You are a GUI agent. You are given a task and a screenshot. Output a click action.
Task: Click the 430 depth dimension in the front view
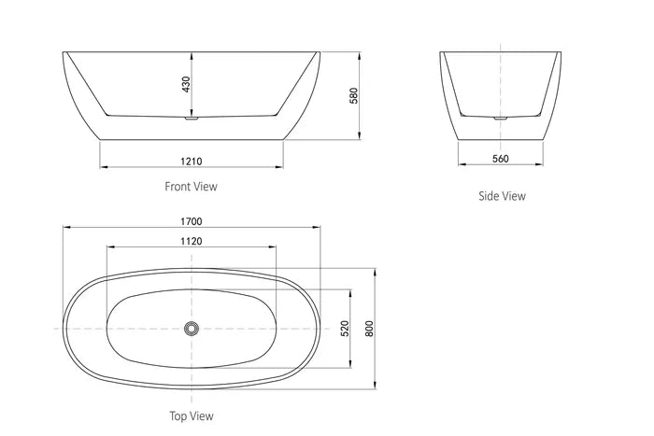(x=186, y=84)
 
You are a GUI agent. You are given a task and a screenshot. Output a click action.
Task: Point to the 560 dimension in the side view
(x=500, y=158)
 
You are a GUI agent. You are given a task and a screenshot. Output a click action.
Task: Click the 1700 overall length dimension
(x=192, y=220)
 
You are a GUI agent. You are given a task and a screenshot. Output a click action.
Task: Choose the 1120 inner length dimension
(x=192, y=240)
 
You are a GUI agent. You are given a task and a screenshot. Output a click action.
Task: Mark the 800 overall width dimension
(x=369, y=329)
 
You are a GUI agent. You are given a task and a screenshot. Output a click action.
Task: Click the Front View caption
(x=191, y=187)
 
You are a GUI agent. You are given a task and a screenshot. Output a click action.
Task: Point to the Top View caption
(x=191, y=416)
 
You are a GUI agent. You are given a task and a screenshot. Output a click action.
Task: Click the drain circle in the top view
(x=192, y=329)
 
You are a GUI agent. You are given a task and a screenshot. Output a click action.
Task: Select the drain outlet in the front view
(x=192, y=118)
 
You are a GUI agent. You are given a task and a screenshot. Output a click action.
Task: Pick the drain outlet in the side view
(x=501, y=118)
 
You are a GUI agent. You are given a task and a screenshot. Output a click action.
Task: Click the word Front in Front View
(x=178, y=187)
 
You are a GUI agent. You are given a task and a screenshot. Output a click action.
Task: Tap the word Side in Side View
(x=488, y=196)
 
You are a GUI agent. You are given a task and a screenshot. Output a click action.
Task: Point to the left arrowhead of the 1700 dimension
(x=65, y=227)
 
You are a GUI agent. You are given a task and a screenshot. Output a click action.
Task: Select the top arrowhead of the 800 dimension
(x=376, y=271)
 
